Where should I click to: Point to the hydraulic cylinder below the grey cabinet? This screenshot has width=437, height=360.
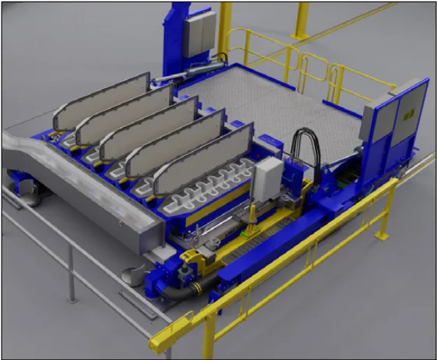187,71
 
